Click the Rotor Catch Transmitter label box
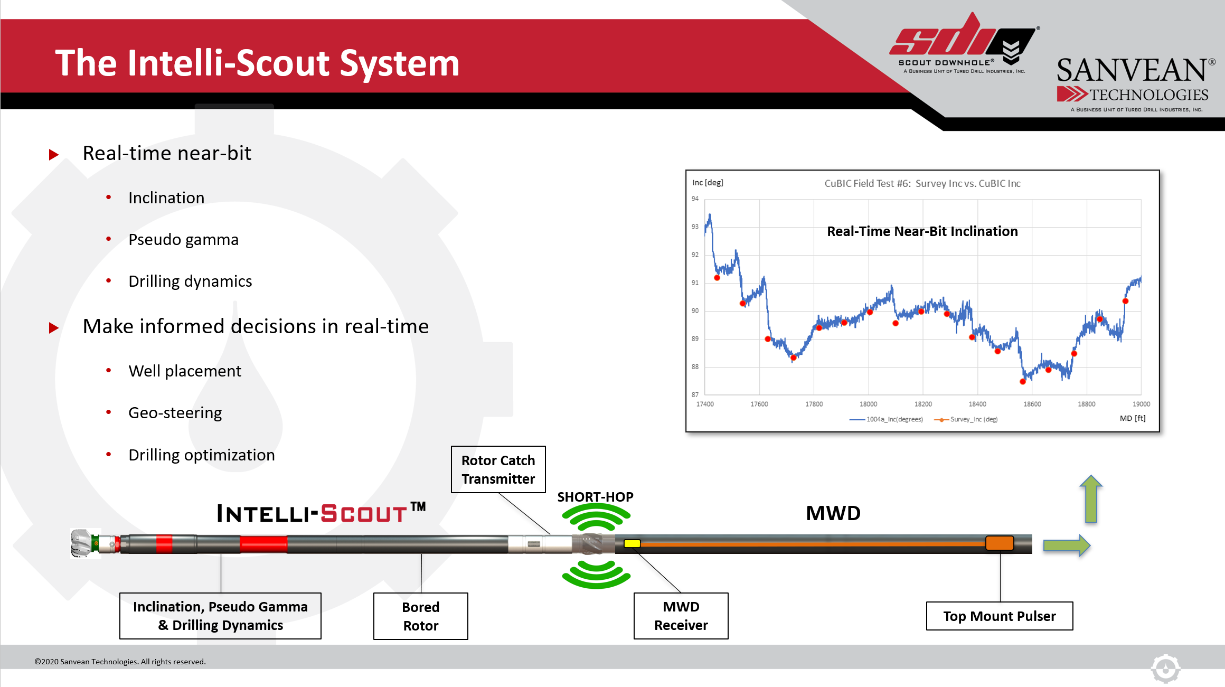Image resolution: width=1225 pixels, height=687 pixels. click(498, 469)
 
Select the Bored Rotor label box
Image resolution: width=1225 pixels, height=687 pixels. click(421, 616)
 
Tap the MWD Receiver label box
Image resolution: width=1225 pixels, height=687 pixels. click(681, 616)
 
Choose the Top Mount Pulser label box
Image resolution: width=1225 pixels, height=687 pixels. click(1000, 616)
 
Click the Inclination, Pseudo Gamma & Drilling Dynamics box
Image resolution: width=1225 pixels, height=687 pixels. click(220, 616)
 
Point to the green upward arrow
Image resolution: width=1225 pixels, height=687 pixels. click(1091, 499)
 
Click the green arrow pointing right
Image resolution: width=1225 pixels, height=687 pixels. click(1067, 545)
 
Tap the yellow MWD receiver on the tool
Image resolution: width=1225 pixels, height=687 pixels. click(632, 543)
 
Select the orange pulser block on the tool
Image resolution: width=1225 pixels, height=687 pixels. click(1000, 543)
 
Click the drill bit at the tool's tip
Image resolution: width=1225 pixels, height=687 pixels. click(82, 543)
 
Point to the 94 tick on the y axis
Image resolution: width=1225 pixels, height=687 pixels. click(695, 199)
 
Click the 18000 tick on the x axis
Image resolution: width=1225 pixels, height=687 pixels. click(868, 404)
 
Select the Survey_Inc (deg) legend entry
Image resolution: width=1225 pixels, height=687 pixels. click(966, 419)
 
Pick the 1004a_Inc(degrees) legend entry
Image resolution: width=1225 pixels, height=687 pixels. click(886, 419)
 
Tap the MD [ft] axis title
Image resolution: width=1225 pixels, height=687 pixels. click(1133, 418)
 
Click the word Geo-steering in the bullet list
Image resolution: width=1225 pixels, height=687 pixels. click(175, 413)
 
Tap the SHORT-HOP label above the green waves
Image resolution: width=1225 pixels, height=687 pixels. click(595, 497)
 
